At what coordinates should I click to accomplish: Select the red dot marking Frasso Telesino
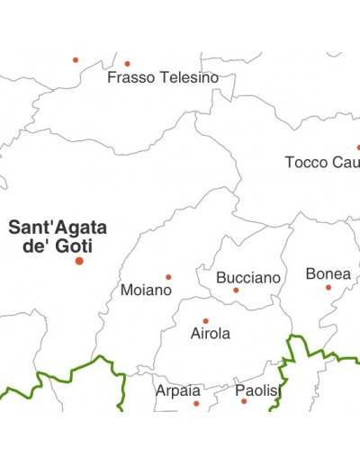click(x=127, y=64)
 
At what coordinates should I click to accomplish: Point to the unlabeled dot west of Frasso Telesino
click(x=76, y=60)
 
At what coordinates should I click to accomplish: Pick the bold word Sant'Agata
click(x=58, y=228)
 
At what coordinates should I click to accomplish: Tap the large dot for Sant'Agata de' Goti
click(x=79, y=261)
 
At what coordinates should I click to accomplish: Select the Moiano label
click(x=146, y=291)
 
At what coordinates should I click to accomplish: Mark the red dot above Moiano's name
click(x=167, y=277)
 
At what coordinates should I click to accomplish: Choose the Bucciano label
click(x=248, y=278)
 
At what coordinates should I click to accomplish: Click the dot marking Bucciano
click(x=236, y=291)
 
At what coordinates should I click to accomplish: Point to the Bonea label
click(x=328, y=273)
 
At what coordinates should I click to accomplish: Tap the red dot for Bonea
click(x=328, y=288)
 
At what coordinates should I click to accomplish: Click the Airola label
click(x=211, y=334)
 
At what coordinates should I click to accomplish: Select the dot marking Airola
click(x=205, y=321)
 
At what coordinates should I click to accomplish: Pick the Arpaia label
click(x=178, y=391)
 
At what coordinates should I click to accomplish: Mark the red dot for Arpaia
click(x=196, y=404)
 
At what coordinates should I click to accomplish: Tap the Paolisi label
click(x=258, y=391)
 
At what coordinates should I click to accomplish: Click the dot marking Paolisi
click(x=244, y=401)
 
